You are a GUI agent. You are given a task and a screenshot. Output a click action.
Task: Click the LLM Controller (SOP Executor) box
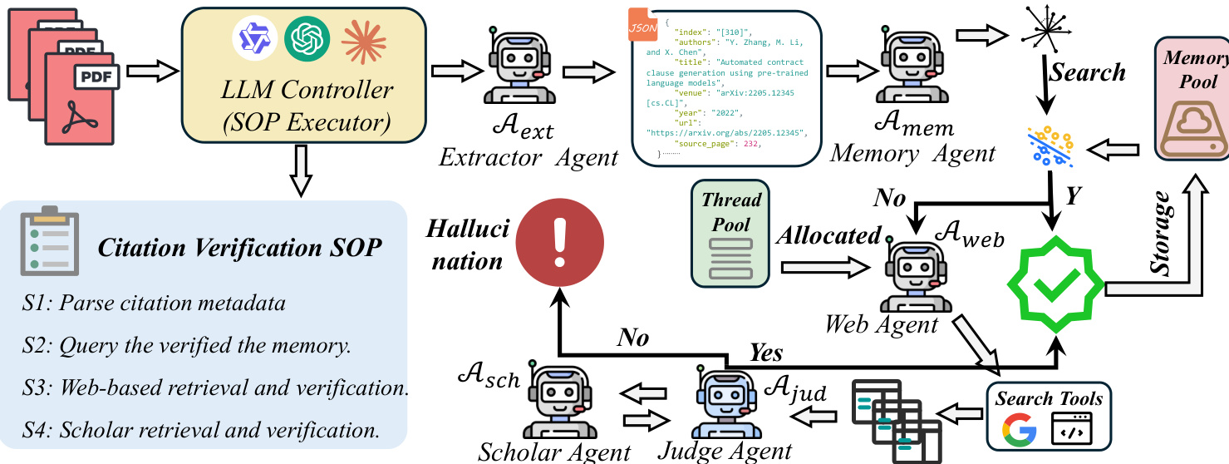302,75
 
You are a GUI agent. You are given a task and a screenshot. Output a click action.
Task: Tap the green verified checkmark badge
1054,283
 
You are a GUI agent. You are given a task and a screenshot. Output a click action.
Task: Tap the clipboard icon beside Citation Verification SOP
50,241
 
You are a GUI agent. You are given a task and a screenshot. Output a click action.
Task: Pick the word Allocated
828,236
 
